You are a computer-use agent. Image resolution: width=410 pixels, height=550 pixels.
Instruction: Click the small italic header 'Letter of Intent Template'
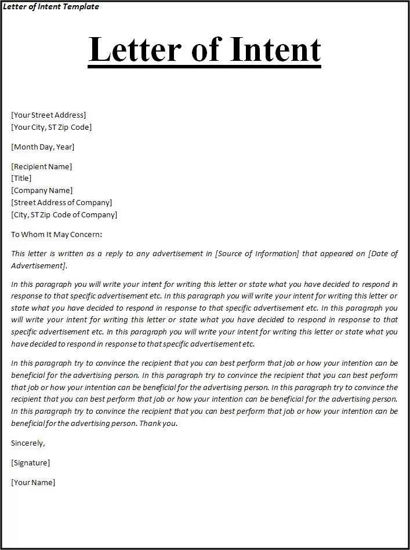(x=51, y=7)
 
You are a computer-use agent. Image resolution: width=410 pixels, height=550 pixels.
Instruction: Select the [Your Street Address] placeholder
(x=49, y=115)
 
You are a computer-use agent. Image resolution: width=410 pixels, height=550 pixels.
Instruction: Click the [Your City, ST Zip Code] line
(x=51, y=127)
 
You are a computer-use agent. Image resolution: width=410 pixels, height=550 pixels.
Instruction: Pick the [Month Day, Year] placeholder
(x=43, y=147)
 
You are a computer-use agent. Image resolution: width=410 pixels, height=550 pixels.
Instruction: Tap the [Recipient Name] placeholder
(x=42, y=166)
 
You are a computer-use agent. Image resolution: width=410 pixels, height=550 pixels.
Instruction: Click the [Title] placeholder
(x=21, y=178)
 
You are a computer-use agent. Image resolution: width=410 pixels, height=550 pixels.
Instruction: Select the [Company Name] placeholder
(x=42, y=190)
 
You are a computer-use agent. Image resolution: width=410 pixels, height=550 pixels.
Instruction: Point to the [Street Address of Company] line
(x=61, y=202)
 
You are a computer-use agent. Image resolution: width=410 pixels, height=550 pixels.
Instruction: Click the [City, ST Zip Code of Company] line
(x=64, y=214)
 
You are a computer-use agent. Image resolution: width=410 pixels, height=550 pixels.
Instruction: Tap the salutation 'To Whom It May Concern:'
(x=56, y=234)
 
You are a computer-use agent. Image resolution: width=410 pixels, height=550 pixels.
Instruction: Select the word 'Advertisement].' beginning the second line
(x=39, y=265)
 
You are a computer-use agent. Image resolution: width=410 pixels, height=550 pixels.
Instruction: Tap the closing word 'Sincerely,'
(x=28, y=443)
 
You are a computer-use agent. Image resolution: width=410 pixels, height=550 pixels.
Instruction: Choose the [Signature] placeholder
(x=30, y=462)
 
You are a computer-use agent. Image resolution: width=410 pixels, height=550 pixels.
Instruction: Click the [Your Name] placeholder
(x=33, y=482)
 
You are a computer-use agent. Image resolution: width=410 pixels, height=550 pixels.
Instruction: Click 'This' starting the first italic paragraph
(x=18, y=254)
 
